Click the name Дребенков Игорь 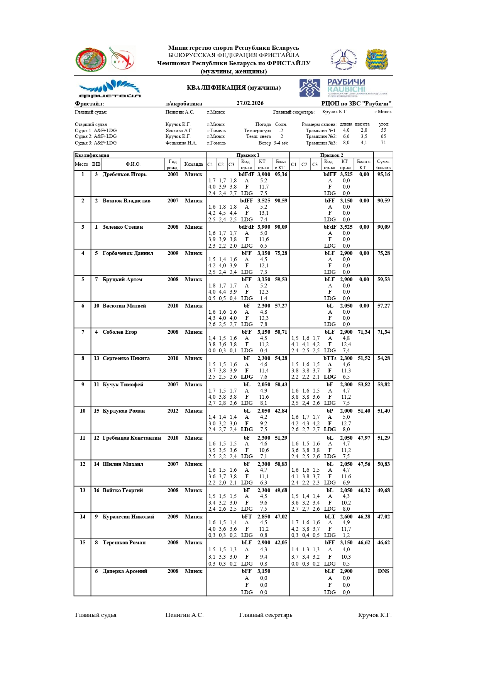(x=124, y=175)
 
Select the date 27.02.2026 (x=250, y=103)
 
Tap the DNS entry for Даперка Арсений (x=383, y=571)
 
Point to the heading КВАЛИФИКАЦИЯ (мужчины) (x=234, y=88)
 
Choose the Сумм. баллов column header (x=383, y=165)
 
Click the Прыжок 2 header (x=331, y=155)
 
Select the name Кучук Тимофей (x=123, y=385)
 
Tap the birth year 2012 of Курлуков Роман (x=173, y=411)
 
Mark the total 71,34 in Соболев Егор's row (x=383, y=332)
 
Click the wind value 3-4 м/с (x=281, y=143)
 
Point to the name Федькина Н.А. (x=181, y=143)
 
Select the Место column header (x=81, y=165)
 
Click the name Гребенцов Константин (x=132, y=438)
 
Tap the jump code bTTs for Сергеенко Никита (x=330, y=359)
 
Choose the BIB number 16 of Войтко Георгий (x=96, y=491)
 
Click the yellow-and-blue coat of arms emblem (x=377, y=59)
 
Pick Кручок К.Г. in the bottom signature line (x=374, y=615)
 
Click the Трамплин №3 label (x=321, y=143)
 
